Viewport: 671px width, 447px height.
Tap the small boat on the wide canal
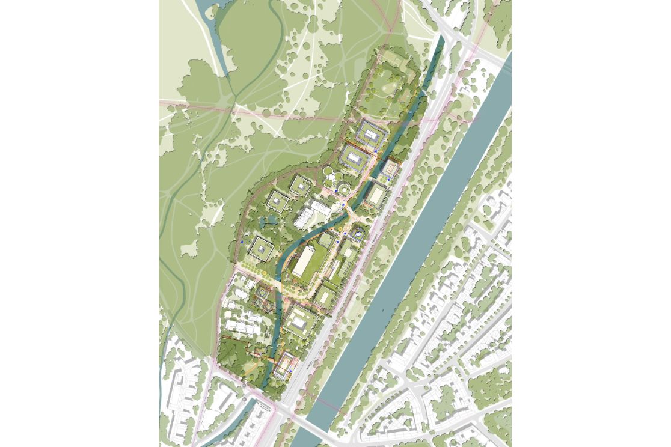click(x=382, y=311)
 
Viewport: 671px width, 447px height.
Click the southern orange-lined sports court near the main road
click(x=285, y=363)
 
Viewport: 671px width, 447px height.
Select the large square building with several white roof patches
click(x=300, y=320)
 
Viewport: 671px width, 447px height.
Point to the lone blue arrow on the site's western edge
click(x=242, y=242)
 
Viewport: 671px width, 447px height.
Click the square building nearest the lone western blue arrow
click(x=262, y=247)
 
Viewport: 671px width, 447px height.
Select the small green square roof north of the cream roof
click(x=325, y=240)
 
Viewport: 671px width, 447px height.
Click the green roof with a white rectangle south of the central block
click(x=325, y=294)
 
